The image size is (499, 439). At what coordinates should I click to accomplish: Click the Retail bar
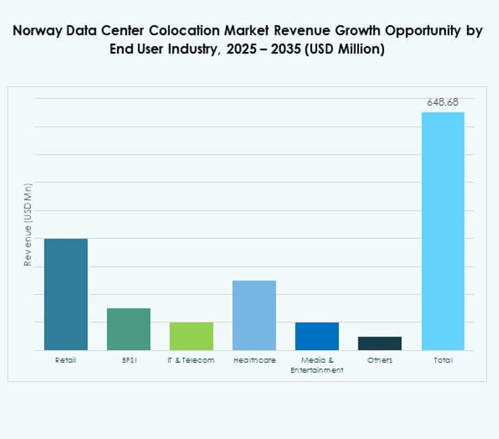pyautogui.click(x=65, y=294)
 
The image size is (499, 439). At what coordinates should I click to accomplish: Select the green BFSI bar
pyautogui.click(x=128, y=329)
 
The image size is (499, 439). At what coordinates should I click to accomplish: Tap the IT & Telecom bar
pyautogui.click(x=191, y=336)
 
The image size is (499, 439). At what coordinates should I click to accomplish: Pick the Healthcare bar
pyautogui.click(x=254, y=315)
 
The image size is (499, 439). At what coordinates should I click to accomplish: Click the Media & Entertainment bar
pyautogui.click(x=317, y=336)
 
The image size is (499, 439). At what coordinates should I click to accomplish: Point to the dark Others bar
pyautogui.click(x=379, y=343)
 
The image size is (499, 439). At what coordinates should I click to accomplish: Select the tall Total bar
pyautogui.click(x=443, y=231)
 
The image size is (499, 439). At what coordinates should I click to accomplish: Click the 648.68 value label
pyautogui.click(x=443, y=102)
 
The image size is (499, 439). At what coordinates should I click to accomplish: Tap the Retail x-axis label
pyautogui.click(x=65, y=360)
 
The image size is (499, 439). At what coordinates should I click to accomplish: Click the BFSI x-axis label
pyautogui.click(x=128, y=360)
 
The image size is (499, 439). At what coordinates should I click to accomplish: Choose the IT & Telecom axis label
pyautogui.click(x=191, y=360)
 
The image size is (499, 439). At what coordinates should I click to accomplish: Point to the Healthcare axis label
pyautogui.click(x=254, y=360)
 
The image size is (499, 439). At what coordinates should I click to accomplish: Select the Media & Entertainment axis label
pyautogui.click(x=317, y=365)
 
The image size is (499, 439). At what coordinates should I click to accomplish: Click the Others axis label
pyautogui.click(x=379, y=360)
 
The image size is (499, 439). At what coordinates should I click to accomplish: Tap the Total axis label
pyautogui.click(x=443, y=360)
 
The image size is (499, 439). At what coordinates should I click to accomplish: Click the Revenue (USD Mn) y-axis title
pyautogui.click(x=28, y=224)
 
